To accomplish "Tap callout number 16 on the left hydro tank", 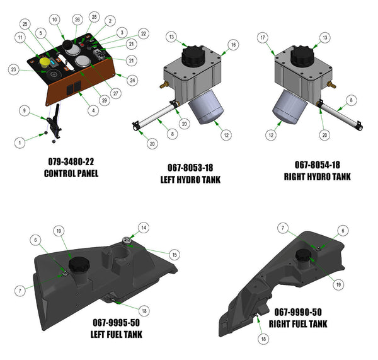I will coord(233,45).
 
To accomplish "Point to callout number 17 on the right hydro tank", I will coord(263,37).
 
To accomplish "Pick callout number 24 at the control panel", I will coord(132,80).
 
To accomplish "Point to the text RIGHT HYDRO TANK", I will coord(317,178).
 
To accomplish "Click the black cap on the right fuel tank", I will coord(305,255).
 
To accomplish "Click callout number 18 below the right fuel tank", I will coord(263,339).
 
